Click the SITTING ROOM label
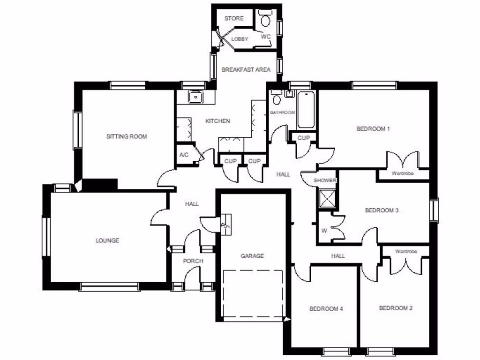127,137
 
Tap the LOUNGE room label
107,240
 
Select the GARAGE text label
252,256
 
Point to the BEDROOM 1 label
373,128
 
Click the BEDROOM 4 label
326,308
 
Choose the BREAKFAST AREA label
246,70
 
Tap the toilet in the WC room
266,20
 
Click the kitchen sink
195,96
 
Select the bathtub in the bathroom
307,110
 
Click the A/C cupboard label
184,155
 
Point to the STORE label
234,18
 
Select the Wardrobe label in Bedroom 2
405,252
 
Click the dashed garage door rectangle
254,294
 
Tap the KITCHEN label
218,121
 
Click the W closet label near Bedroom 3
324,230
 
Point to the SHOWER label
325,180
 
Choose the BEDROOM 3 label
382,210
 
